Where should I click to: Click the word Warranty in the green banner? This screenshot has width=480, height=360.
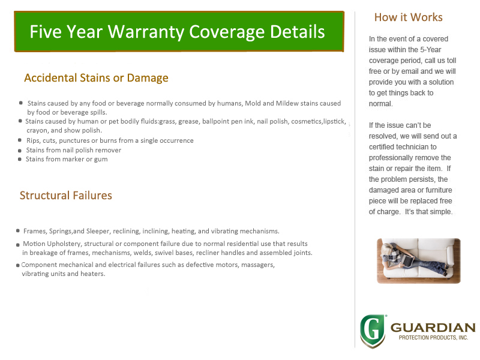tap(146, 32)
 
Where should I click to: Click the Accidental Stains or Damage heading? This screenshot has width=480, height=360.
tap(96, 78)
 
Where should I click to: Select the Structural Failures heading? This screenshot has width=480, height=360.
tap(66, 196)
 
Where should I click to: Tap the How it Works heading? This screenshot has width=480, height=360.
tap(409, 17)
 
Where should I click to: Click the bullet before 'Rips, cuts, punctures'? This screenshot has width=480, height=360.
tap(20, 140)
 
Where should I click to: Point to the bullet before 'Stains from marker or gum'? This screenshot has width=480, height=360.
tap(20, 159)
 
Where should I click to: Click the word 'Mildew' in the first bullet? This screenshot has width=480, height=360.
tap(287, 103)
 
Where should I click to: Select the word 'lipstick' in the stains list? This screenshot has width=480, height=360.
tap(335, 122)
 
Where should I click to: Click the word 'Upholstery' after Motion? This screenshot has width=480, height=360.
tap(64, 244)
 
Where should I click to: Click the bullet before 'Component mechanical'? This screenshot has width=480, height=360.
tap(18, 265)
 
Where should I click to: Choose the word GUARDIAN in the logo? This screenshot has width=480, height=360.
tap(433, 328)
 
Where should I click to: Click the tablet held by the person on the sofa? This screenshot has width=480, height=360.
tap(407, 260)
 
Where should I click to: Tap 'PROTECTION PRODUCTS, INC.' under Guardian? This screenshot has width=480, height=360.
tap(433, 338)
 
